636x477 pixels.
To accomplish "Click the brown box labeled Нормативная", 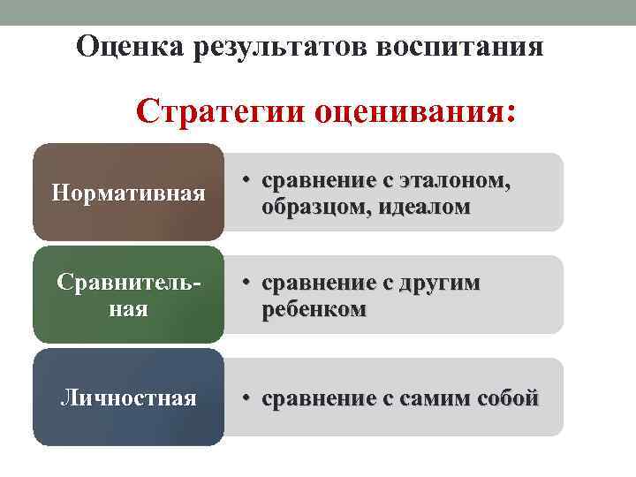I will (x=128, y=192).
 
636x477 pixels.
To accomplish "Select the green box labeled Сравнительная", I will (x=128, y=295).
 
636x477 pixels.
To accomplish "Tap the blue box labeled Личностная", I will (x=128, y=397).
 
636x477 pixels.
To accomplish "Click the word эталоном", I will (x=454, y=181).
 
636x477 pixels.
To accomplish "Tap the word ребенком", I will (x=313, y=309).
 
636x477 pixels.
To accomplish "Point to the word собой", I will (x=507, y=398).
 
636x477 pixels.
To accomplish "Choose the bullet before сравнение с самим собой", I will (x=249, y=398).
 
